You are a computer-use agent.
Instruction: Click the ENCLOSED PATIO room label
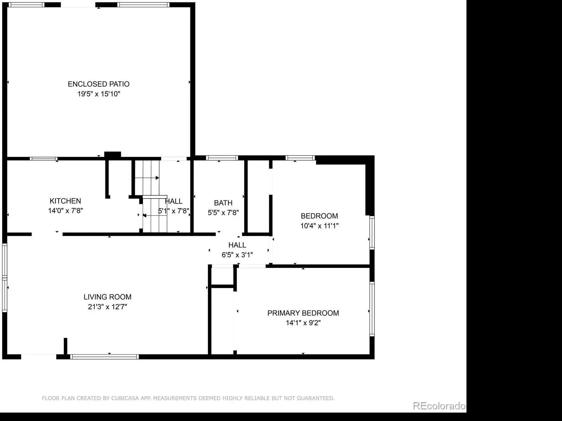tap(99, 84)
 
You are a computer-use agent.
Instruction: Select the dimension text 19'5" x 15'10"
tap(99, 94)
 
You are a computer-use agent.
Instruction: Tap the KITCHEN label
tap(65, 201)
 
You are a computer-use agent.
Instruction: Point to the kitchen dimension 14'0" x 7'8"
tap(66, 210)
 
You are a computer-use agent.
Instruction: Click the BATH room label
tap(223, 203)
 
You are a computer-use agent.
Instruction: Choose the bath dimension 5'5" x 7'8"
tap(223, 212)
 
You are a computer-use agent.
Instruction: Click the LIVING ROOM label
tap(107, 297)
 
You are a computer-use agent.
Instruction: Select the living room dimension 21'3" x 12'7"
tap(107, 307)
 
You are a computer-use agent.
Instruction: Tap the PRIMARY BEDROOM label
tap(303, 313)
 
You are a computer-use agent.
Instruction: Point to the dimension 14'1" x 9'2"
tap(303, 322)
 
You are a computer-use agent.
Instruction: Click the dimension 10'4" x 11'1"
tap(320, 226)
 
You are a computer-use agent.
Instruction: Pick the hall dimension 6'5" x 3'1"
tap(237, 255)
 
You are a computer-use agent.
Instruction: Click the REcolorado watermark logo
tap(439, 406)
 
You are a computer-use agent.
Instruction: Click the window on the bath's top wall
tap(222, 158)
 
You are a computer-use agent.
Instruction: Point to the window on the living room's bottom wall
tap(104, 357)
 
